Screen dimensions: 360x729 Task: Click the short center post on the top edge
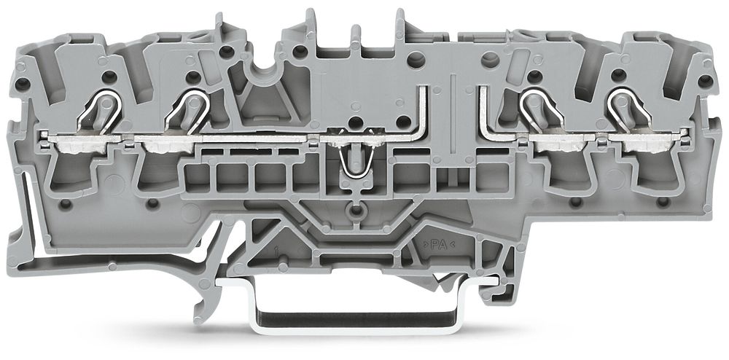[355, 36]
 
